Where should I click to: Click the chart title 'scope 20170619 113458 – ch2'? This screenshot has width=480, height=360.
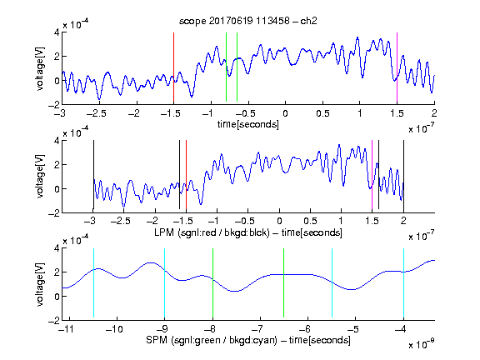point(248,21)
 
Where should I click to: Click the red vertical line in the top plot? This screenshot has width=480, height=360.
point(174,67)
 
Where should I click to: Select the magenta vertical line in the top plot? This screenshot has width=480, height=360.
point(397,67)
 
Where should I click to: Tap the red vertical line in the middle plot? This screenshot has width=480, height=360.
point(186,174)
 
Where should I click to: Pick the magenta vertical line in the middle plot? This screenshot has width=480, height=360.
point(372,174)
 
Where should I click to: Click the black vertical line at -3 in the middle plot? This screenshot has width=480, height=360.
point(93,174)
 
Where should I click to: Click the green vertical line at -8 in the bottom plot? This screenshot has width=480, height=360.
point(212,282)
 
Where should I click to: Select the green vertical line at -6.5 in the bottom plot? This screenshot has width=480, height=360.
point(284,282)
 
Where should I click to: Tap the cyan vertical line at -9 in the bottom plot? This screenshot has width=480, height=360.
point(165,282)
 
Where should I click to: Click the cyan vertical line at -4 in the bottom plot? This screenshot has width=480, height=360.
point(404,282)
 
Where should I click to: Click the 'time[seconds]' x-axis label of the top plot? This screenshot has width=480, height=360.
point(248,124)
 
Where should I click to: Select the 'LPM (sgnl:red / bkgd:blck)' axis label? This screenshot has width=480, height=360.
point(212,232)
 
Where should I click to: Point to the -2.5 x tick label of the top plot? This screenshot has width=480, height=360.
point(97,113)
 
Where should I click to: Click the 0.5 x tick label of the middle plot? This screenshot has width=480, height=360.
point(310,221)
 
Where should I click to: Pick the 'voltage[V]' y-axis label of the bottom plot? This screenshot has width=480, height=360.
point(40,284)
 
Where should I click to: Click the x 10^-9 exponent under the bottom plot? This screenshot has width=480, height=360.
point(422,343)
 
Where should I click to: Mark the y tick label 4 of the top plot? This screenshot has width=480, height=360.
point(57,32)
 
